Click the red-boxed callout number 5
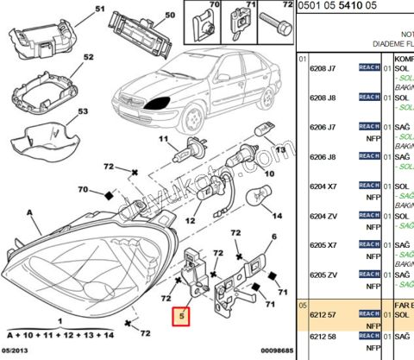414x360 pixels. pyautogui.click(x=182, y=316)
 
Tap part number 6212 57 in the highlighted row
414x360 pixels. pyautogui.click(x=323, y=316)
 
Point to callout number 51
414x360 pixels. pyautogui.click(x=97, y=9)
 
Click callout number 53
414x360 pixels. pyautogui.click(x=83, y=112)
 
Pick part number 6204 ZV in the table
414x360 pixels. pyautogui.click(x=323, y=215)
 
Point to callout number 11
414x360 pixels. pyautogui.click(x=161, y=139)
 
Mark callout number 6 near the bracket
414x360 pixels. pyautogui.click(x=274, y=237)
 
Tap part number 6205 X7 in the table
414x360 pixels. pyautogui.click(x=323, y=244)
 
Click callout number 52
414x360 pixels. pyautogui.click(x=88, y=57)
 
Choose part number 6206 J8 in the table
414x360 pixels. pyautogui.click(x=323, y=156)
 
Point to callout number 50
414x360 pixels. pyautogui.click(x=168, y=15)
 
